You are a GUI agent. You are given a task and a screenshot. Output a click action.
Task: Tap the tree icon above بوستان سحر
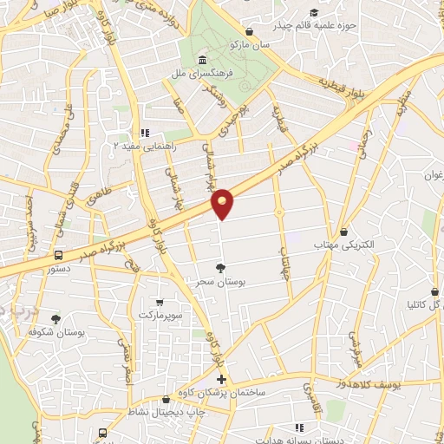tap(220, 268)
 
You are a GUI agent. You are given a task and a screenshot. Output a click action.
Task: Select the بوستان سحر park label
tap(210, 282)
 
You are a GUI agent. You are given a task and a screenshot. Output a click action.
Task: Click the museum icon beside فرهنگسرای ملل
tap(202, 60)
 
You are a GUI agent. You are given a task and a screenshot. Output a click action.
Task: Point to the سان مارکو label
tap(245, 43)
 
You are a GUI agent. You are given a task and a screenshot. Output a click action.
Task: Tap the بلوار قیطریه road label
tap(336, 84)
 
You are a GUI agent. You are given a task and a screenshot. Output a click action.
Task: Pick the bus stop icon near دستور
tap(58, 255)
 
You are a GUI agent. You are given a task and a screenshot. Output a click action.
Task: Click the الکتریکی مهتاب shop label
tap(345, 245)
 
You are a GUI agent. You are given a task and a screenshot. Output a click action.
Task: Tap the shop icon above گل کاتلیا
tap(431, 293)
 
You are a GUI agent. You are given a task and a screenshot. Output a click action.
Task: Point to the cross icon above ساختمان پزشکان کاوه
tap(221, 380)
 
